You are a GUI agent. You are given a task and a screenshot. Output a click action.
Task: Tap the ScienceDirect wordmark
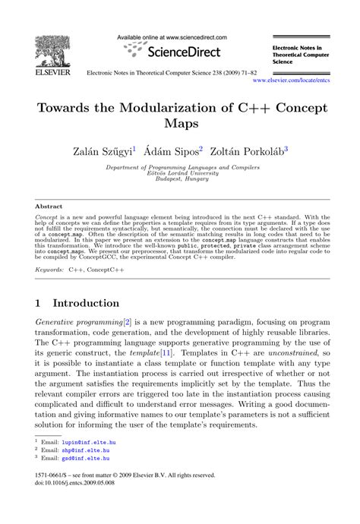(x=185, y=52)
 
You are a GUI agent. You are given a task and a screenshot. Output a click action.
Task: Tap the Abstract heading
(x=50, y=206)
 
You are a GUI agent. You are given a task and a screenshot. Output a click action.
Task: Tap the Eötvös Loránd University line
(x=180, y=172)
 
